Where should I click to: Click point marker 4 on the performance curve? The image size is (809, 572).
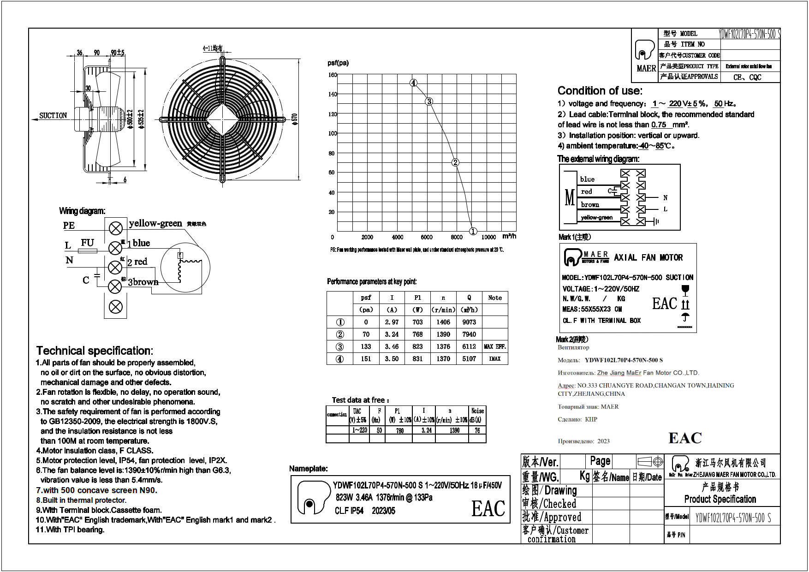[414, 83]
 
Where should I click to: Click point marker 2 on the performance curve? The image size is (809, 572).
[455, 162]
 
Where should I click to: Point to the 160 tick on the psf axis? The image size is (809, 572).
[333, 75]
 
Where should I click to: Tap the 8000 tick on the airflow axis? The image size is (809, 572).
[456, 237]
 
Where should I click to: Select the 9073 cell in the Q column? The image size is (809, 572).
[469, 322]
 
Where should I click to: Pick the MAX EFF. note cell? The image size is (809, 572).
[495, 346]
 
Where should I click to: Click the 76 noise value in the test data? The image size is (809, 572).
[477, 430]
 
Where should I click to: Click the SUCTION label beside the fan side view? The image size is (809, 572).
[53, 115]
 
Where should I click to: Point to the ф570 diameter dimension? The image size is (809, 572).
[295, 119]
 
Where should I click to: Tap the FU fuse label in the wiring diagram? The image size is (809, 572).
[87, 243]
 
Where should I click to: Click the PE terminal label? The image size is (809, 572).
[69, 226]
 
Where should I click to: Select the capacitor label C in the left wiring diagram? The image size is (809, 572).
[86, 280]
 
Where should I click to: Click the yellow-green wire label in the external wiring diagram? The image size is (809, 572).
[596, 217]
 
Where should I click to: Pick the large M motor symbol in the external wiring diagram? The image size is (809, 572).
[570, 197]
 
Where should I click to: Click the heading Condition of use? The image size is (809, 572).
[600, 90]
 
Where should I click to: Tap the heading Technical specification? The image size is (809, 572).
[95, 351]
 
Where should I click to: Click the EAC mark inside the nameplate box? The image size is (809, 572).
[488, 508]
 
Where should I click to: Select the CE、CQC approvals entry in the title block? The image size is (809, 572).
[747, 77]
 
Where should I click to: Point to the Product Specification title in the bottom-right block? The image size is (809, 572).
[720, 499]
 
